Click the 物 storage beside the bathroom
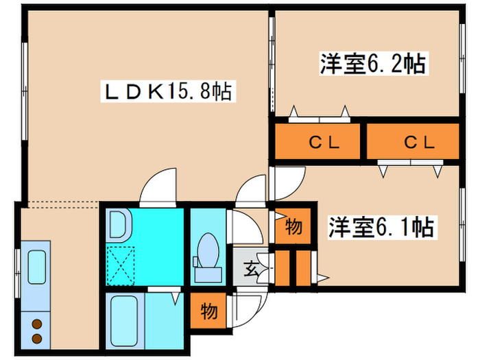point(208,311)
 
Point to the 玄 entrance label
point(252,269)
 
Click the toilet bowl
point(206,250)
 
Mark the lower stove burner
point(36,338)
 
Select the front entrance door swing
point(247,302)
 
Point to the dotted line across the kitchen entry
point(58,202)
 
